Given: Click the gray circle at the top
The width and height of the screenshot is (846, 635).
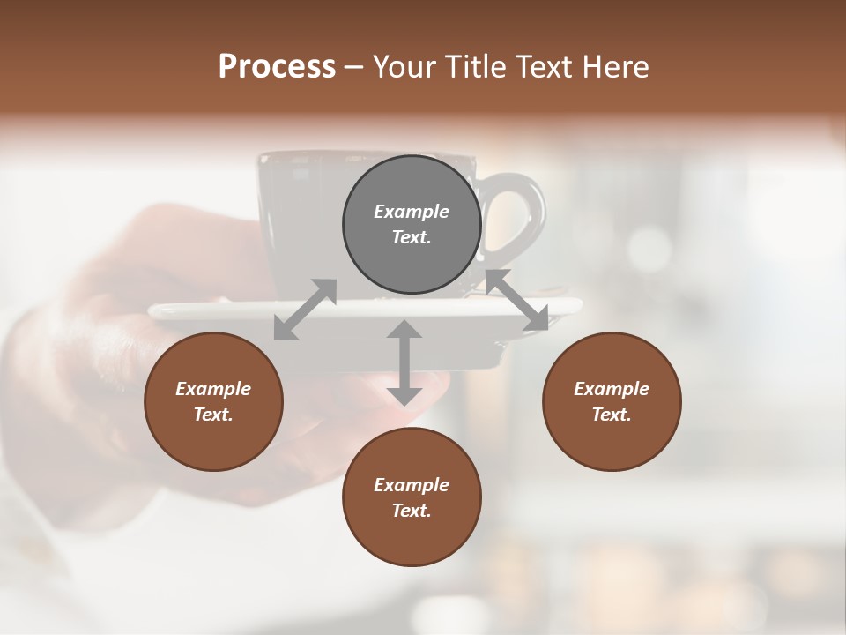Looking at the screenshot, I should (412, 224).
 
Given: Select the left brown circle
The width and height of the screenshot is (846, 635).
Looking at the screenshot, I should (213, 401).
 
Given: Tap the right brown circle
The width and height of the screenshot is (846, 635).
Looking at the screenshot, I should (612, 401).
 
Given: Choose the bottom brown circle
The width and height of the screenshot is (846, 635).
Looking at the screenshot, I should (412, 497).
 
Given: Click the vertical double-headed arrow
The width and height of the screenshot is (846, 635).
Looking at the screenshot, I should (404, 362).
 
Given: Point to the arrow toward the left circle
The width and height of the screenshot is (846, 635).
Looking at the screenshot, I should (305, 310).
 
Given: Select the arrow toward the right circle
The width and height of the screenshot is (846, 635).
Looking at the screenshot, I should (517, 301).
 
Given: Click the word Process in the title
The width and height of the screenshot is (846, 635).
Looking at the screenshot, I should (277, 66).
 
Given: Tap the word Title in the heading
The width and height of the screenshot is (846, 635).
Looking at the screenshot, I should (474, 66).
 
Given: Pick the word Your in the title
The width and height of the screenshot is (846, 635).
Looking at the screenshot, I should (407, 66).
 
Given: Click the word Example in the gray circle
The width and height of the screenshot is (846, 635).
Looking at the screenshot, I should (412, 212).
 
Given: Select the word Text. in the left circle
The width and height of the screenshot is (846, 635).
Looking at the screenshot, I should (213, 415).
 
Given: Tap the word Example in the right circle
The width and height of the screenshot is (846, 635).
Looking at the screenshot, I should (612, 389).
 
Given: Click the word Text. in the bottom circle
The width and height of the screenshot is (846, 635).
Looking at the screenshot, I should (412, 511).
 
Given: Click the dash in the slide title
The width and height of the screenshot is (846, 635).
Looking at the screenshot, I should (353, 67).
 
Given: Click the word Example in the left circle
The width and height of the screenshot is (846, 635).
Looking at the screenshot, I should (213, 389).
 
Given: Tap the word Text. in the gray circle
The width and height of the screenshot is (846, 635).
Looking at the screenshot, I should (412, 237).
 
